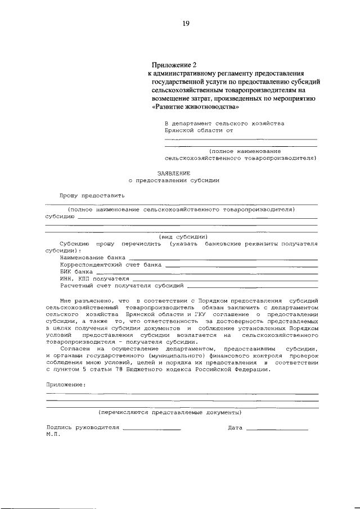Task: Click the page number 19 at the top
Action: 185,23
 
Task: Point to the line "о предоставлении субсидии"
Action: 174,181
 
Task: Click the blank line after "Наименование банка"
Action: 223,257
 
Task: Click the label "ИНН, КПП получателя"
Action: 94,278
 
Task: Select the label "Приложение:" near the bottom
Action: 66,384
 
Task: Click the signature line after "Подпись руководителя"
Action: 151,429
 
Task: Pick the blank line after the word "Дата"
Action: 277,429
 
